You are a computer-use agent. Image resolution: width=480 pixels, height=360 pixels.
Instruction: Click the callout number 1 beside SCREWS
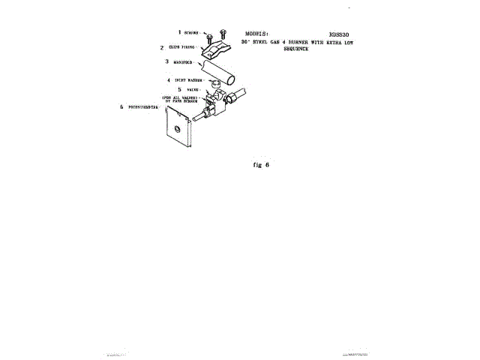coord(179,32)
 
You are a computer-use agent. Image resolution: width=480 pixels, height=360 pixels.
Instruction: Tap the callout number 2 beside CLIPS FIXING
coord(161,47)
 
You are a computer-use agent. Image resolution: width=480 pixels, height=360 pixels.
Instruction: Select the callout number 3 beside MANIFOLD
coord(166,61)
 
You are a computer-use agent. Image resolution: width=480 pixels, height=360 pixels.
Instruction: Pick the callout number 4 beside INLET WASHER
coord(169,79)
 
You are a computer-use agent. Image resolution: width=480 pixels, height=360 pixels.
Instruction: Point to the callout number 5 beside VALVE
coord(179,88)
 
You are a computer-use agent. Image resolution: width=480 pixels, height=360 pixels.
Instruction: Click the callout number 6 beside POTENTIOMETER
coord(122,106)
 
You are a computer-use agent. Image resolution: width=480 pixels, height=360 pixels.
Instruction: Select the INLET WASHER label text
coord(188,79)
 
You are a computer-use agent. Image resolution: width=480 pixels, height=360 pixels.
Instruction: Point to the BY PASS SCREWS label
coord(182,100)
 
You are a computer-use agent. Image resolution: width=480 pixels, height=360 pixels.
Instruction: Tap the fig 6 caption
coord(258,164)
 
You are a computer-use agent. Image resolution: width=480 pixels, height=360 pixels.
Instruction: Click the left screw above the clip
coord(211,37)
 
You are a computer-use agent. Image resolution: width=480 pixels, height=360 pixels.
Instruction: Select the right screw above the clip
coord(223,32)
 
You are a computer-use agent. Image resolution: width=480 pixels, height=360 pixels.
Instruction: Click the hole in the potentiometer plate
coord(176,129)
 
